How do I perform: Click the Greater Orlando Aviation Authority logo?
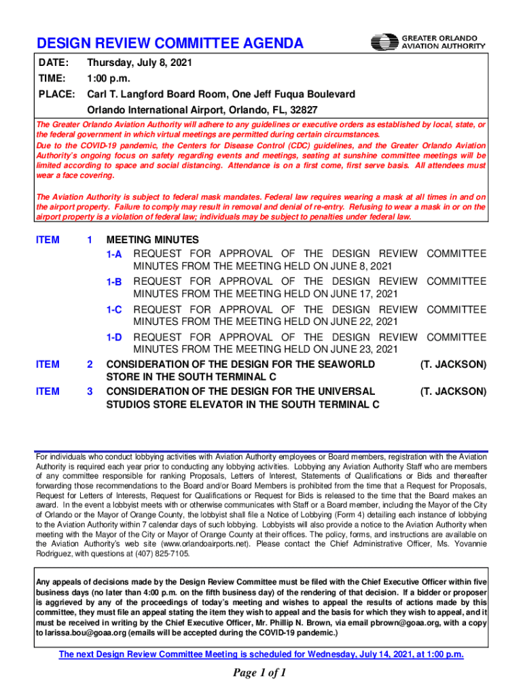click(428, 42)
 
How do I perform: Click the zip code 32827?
click(303, 109)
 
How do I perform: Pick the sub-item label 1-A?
click(113, 254)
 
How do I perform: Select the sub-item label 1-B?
click(113, 281)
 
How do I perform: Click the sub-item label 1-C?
click(113, 310)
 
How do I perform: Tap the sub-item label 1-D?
click(113, 337)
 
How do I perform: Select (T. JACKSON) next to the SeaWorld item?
click(453, 365)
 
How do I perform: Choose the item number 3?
click(90, 391)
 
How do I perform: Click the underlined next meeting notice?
click(261, 655)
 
